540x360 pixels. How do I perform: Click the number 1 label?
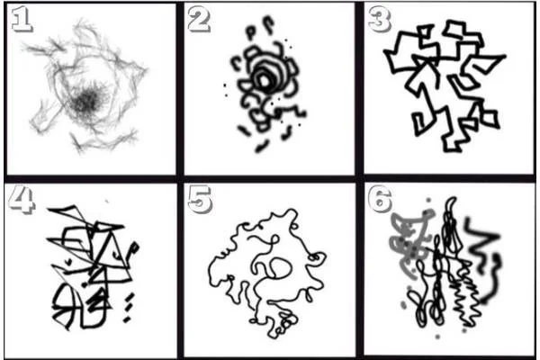point(22,19)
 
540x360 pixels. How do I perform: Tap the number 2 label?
point(199,19)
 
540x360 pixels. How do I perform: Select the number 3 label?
point(379,19)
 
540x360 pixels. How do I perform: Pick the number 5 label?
point(199,199)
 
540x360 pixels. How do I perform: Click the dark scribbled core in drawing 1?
point(86,102)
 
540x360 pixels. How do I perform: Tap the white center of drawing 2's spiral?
point(265,81)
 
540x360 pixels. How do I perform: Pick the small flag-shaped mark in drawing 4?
point(133,248)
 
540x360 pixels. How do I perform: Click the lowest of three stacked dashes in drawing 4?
point(127,319)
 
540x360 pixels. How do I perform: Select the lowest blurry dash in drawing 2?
point(262,146)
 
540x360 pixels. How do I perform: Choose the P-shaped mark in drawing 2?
point(251,31)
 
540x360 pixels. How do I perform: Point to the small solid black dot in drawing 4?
point(85,285)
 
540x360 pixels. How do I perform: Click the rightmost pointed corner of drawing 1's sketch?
point(146,70)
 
